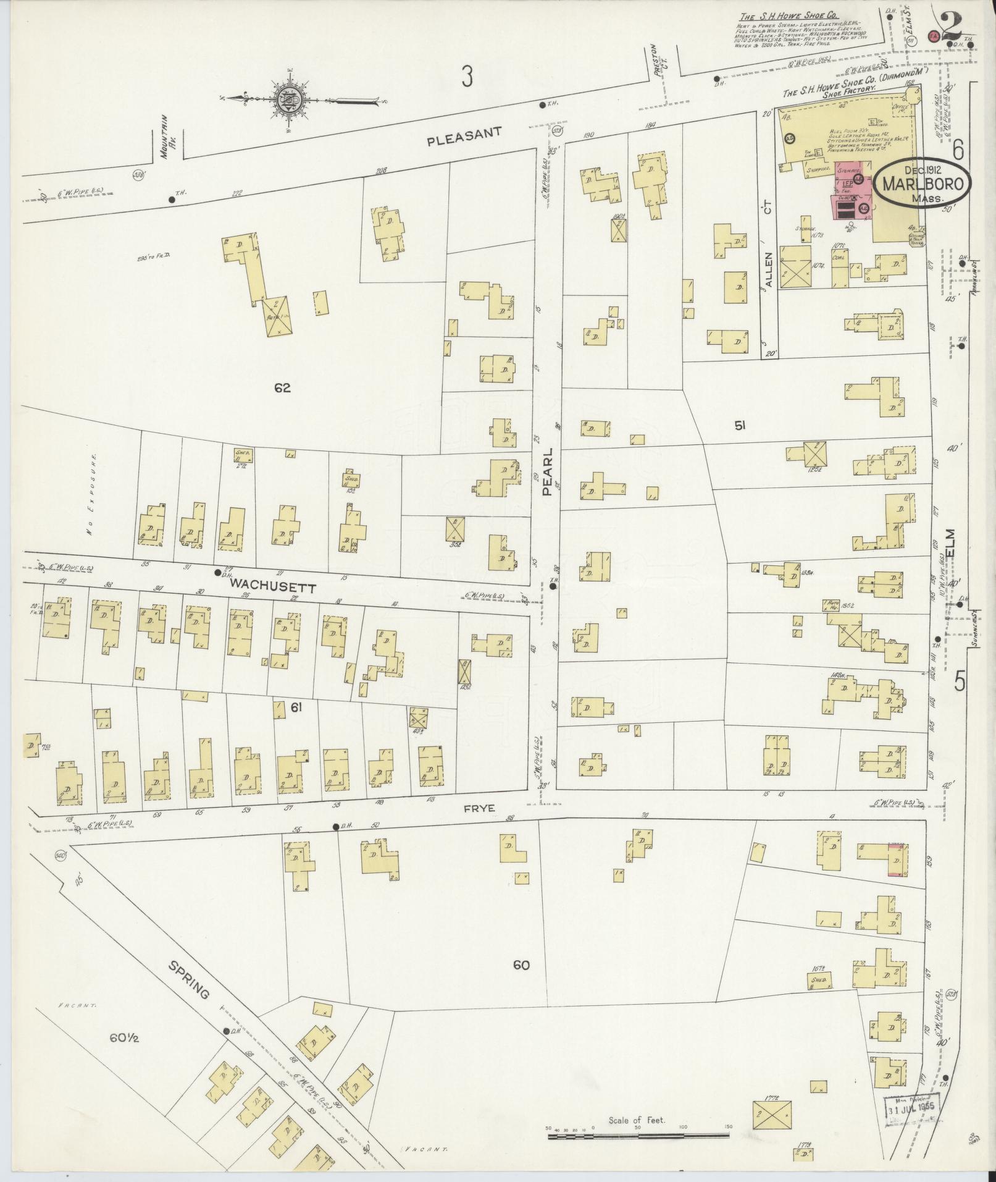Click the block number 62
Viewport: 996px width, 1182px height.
click(x=283, y=389)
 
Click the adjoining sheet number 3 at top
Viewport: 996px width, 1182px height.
click(x=467, y=77)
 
